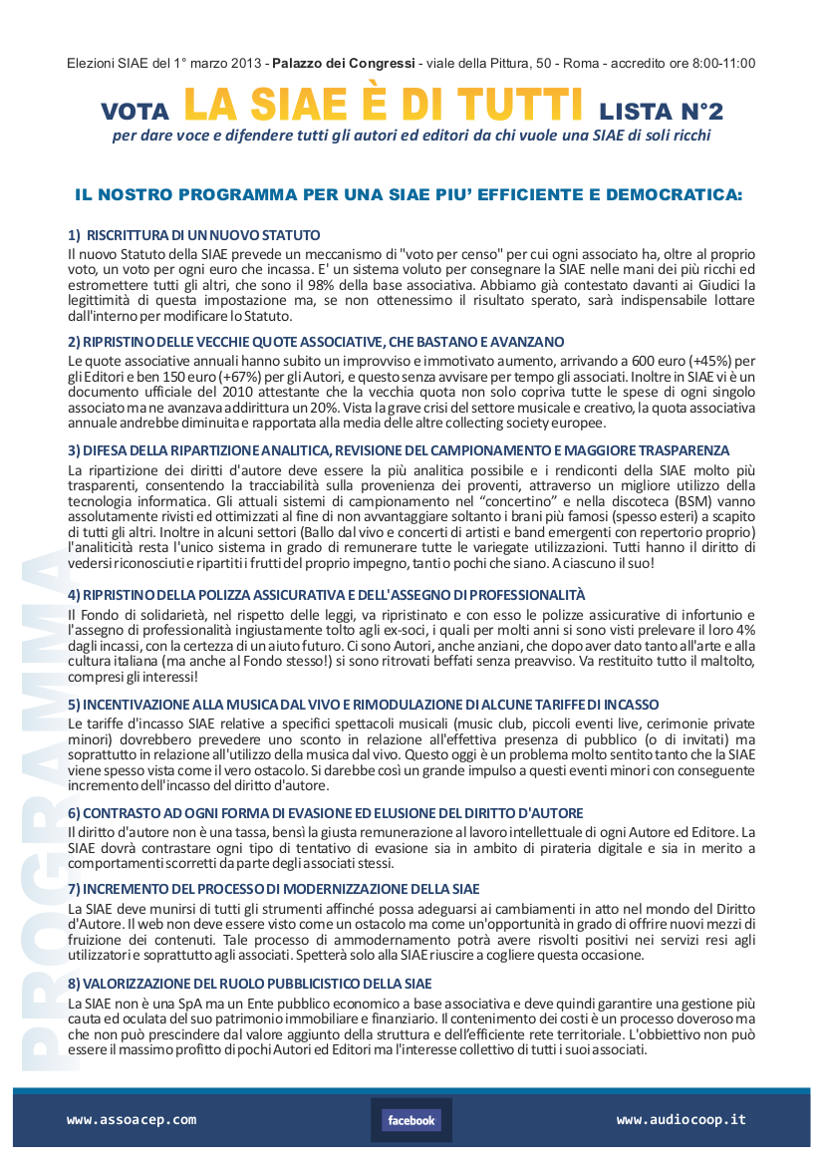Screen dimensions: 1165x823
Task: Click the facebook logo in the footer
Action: click(x=411, y=1120)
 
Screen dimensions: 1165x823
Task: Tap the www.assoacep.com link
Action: click(x=132, y=1120)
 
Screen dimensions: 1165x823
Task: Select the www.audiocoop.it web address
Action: click(x=682, y=1120)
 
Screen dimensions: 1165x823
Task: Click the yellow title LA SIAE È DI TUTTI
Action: click(x=384, y=104)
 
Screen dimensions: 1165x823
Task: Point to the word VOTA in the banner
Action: click(x=136, y=110)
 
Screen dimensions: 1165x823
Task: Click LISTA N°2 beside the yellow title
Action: click(x=661, y=109)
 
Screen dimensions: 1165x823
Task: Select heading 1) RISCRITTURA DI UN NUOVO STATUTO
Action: click(x=193, y=235)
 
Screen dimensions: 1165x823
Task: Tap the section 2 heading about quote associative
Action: click(x=316, y=342)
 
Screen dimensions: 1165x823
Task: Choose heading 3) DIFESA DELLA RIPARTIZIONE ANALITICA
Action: click(x=399, y=450)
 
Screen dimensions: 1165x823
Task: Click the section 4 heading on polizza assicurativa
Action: click(x=327, y=595)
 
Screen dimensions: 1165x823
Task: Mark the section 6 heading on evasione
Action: click(x=325, y=813)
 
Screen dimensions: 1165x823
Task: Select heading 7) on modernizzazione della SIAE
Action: click(x=273, y=888)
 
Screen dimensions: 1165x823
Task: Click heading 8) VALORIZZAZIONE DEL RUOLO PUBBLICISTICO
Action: click(x=249, y=984)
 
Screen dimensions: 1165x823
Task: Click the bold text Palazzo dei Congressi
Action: click(x=344, y=64)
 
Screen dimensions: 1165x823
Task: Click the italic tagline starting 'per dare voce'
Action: click(x=411, y=136)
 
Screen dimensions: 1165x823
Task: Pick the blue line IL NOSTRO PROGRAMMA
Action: click(x=409, y=194)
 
